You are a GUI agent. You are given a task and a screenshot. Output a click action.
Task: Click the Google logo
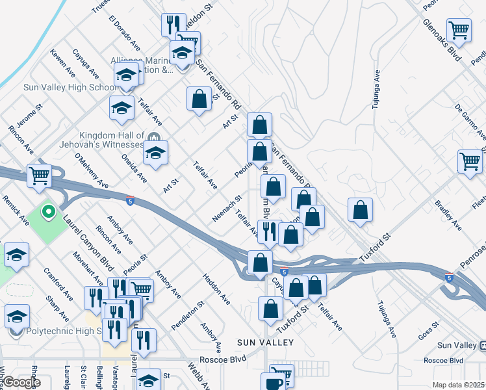21,382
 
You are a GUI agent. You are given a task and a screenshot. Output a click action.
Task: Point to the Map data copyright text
459,385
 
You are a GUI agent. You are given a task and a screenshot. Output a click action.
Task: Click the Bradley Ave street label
449,215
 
